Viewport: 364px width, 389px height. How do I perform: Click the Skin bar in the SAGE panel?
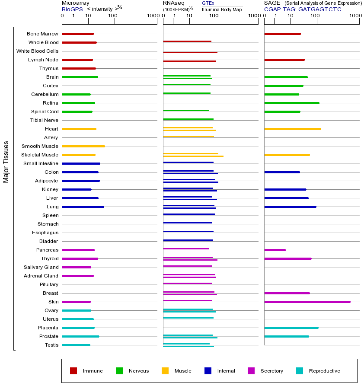pyautogui.click(x=307, y=302)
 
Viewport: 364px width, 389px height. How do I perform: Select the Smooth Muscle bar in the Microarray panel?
pyautogui.click(x=83, y=146)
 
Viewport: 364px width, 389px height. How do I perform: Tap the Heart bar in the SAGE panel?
pyautogui.click(x=292, y=129)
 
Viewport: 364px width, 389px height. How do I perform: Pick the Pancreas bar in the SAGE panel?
pyautogui.click(x=275, y=250)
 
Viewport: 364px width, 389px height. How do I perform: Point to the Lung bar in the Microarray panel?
pyautogui.click(x=83, y=207)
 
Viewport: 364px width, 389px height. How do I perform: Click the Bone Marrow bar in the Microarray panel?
pyautogui.click(x=78, y=34)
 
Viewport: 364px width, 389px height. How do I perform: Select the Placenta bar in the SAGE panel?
pyautogui.click(x=291, y=328)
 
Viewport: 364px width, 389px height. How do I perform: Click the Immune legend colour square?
pyautogui.click(x=73, y=371)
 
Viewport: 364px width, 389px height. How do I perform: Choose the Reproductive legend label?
pyautogui.click(x=324, y=371)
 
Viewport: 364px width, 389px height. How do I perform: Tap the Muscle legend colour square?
pyautogui.click(x=165, y=371)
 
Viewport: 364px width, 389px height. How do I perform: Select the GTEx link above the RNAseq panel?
pyautogui.click(x=208, y=3)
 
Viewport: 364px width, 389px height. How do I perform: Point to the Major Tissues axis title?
pyautogui.click(x=6, y=162)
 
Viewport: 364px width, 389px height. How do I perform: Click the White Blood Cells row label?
pyautogui.click(x=37, y=51)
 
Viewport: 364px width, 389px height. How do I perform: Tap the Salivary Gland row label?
pyautogui.click(x=41, y=267)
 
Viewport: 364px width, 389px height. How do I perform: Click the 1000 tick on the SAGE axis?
pyautogui.click(x=355, y=16)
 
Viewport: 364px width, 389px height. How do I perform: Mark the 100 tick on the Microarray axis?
pyautogui.click(x=113, y=16)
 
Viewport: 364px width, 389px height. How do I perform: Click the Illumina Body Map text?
pyautogui.click(x=222, y=9)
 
